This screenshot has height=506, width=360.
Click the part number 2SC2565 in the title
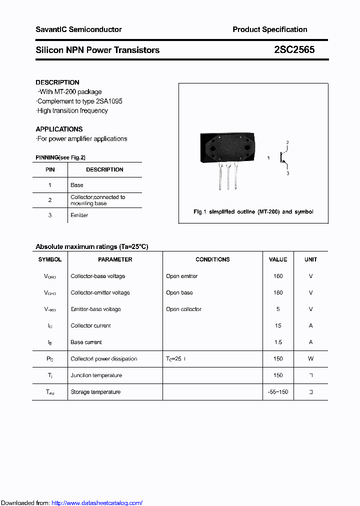pyautogui.click(x=294, y=50)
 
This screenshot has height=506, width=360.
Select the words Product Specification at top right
pyautogui.click(x=269, y=29)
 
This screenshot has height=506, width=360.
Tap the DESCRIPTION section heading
pyautogui.click(x=57, y=82)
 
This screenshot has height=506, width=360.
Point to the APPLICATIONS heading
pyautogui.click(x=59, y=129)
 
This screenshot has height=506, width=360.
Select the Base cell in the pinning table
pyautogui.click(x=77, y=185)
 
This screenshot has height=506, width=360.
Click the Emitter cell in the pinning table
pyautogui.click(x=79, y=215)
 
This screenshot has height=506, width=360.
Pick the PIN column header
pyautogui.click(x=50, y=169)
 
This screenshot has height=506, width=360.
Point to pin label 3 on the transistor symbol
pyautogui.click(x=287, y=173)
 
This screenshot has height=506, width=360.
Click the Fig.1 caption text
pyautogui.click(x=253, y=212)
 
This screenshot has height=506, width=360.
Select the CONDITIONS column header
pyautogui.click(x=212, y=259)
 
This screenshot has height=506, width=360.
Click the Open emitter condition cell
pyautogui.click(x=182, y=276)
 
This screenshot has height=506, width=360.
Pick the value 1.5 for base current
pyautogui.click(x=278, y=342)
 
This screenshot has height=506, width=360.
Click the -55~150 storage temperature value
pyautogui.click(x=278, y=392)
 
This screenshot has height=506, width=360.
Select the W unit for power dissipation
pyautogui.click(x=310, y=359)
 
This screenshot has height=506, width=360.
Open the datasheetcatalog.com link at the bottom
pyautogui.click(x=96, y=503)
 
